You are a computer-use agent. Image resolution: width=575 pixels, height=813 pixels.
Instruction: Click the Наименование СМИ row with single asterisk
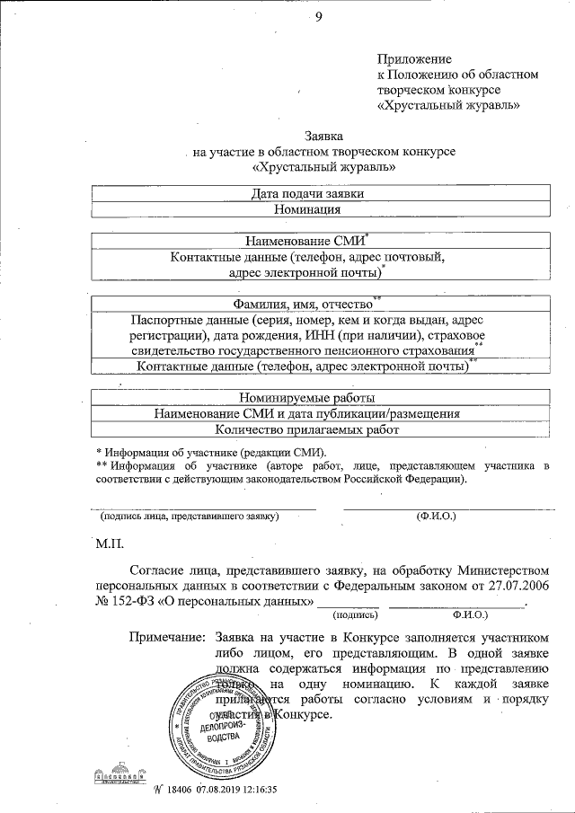tap(313, 241)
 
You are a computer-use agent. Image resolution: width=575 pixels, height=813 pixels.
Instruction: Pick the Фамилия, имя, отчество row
tap(311, 304)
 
